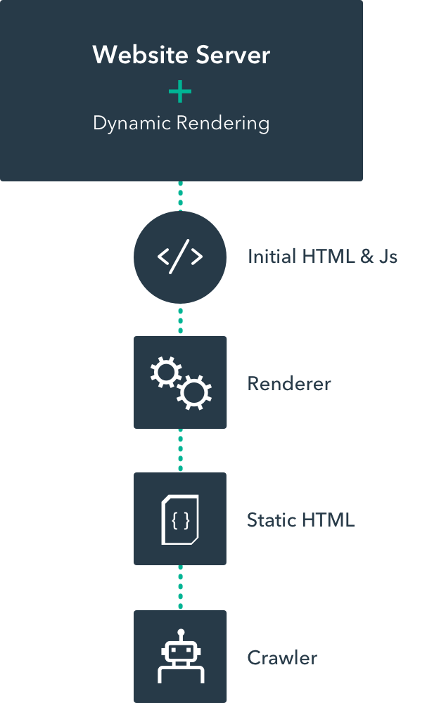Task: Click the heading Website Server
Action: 181,56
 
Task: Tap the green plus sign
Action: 180,91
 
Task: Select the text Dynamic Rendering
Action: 181,123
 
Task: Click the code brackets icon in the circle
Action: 180,257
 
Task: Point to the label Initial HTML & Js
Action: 322,257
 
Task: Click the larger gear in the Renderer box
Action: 193,392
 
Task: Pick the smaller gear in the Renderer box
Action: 167,372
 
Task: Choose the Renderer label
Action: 288,384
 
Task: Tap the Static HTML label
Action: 300,520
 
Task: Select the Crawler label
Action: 282,658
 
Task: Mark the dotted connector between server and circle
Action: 180,196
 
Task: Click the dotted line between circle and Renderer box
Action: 180,319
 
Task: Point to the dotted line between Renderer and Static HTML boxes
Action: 180,450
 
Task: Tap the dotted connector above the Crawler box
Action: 180,587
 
